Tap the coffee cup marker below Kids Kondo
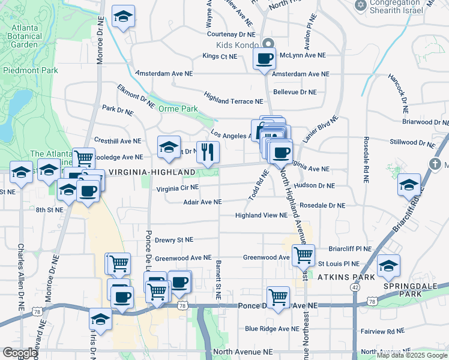[x=264, y=59]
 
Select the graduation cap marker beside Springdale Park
[x=388, y=266]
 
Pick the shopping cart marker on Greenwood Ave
[x=303, y=256]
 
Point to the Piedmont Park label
[x=31, y=70]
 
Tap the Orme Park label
[x=178, y=109]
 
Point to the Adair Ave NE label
[x=202, y=202]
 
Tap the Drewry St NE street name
[x=174, y=239]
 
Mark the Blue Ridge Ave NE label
[x=272, y=329]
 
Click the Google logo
[x=20, y=353]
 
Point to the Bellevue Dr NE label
[x=294, y=92]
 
